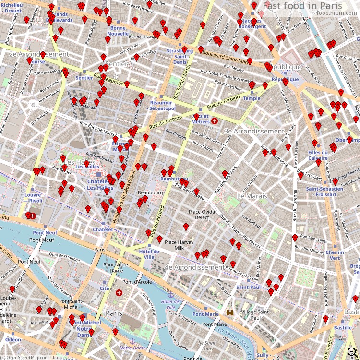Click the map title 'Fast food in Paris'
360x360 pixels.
(302, 6)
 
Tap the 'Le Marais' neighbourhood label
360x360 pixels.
(252, 196)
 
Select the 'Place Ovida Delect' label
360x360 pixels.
(202, 215)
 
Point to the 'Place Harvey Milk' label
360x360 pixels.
(179, 245)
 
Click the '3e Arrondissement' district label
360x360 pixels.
(254, 131)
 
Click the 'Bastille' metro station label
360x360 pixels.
(343, 328)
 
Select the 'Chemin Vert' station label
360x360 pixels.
(335, 255)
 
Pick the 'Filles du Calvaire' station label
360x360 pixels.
(318, 155)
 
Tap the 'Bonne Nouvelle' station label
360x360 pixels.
(118, 31)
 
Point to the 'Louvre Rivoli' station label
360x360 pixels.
(32, 198)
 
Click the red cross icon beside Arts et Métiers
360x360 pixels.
(214, 120)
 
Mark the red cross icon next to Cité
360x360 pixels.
(119, 292)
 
